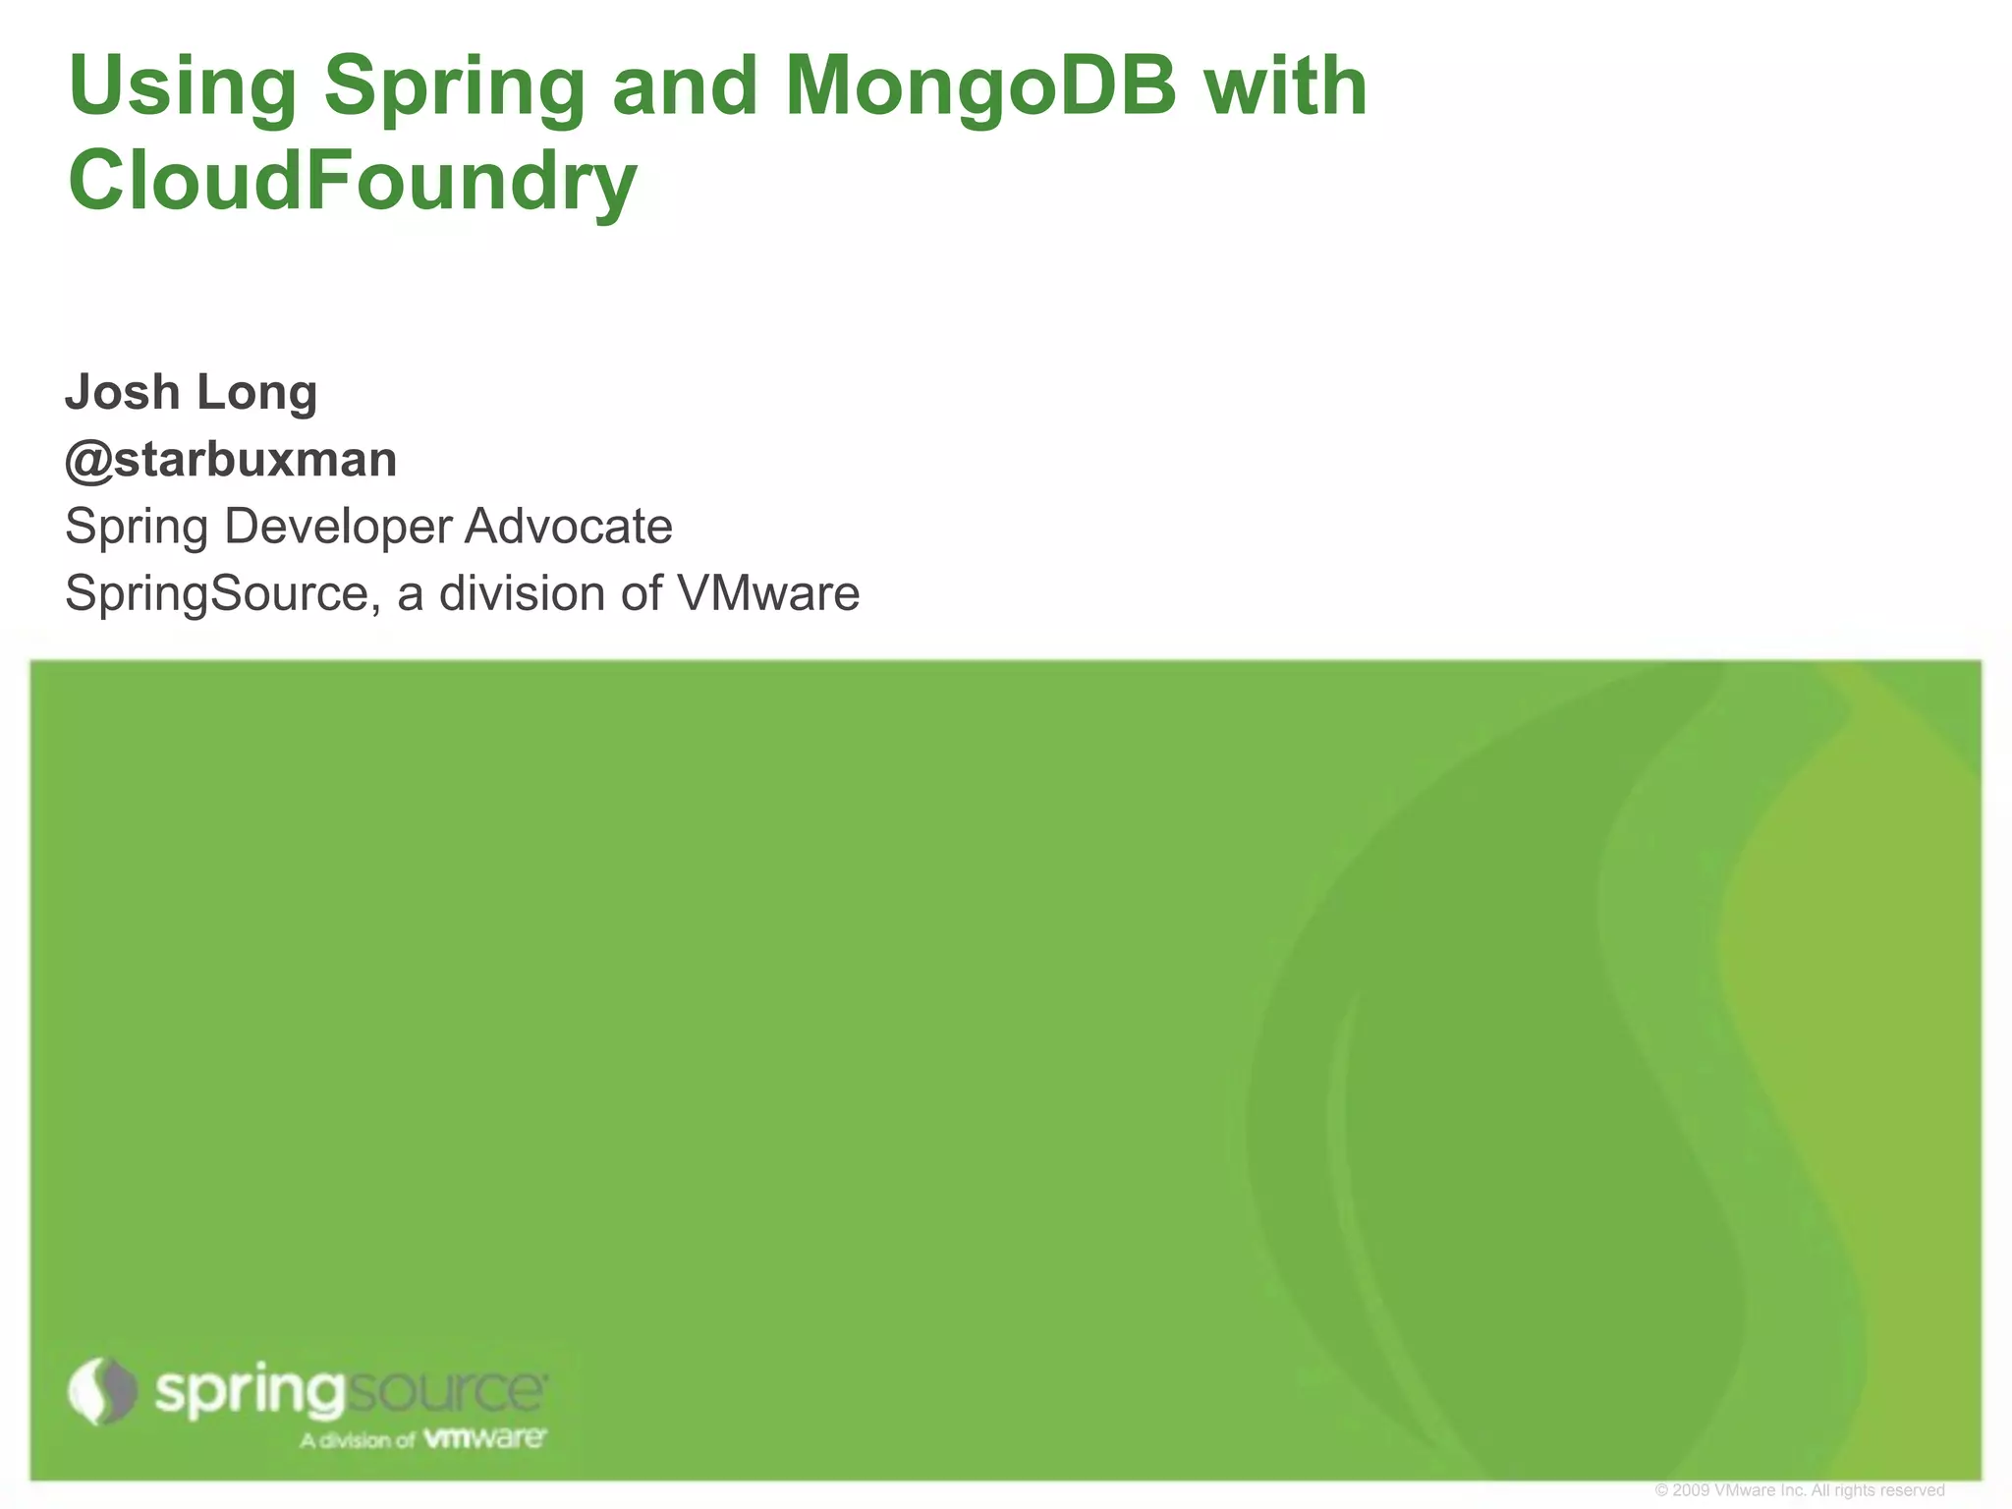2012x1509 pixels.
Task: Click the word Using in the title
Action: [x=183, y=87]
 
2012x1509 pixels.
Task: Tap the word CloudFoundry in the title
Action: [x=353, y=183]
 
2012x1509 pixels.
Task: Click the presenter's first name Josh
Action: [x=122, y=392]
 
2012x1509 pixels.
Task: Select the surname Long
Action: [x=256, y=394]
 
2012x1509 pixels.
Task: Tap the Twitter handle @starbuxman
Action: [x=231, y=460]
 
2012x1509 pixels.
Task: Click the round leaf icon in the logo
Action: [x=102, y=1391]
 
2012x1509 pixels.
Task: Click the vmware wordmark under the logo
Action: [x=484, y=1439]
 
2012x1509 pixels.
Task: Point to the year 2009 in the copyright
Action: [x=1690, y=1490]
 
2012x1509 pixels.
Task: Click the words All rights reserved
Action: [x=1877, y=1490]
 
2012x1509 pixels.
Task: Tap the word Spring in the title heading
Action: [x=455, y=87]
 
